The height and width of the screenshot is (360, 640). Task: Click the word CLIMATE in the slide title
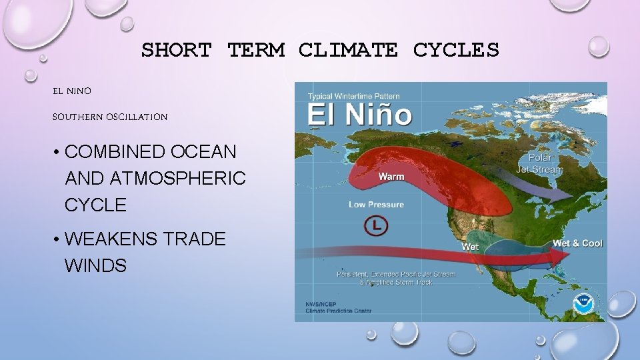348,50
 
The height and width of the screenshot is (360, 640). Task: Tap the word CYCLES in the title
456,50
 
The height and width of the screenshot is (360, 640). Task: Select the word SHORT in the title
176,50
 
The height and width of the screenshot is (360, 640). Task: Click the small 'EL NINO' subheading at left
72,90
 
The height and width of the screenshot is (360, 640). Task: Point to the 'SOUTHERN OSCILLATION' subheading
110,117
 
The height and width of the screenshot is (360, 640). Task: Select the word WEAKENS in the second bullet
119,239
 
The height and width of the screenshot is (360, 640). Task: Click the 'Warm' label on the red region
391,177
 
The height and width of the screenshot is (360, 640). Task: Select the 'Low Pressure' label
376,205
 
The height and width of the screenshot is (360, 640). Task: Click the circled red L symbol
375,226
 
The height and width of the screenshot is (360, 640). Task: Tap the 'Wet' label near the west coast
470,247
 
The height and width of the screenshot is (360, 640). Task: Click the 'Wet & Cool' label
577,243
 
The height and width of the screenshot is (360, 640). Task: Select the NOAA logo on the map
583,303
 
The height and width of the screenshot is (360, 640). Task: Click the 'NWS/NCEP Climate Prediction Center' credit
339,307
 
